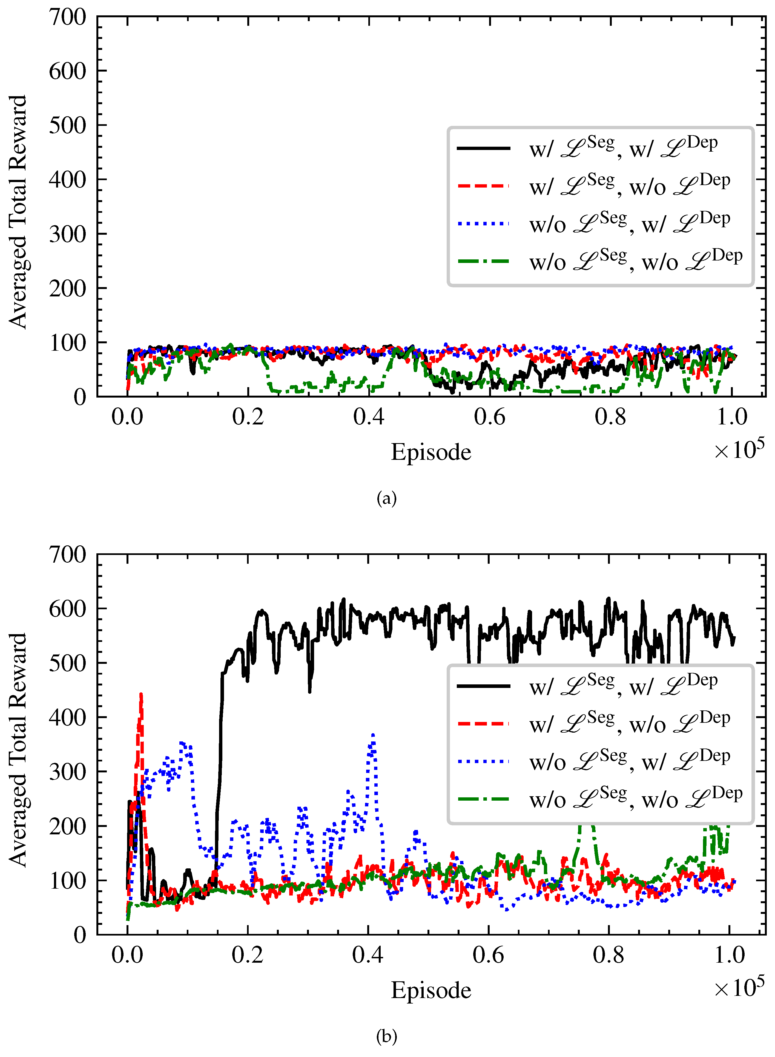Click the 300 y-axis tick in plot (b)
(68, 772)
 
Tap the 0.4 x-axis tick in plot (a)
(368, 416)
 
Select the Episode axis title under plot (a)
(431, 452)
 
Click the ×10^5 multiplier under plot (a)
(739, 449)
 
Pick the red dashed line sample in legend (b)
(483, 724)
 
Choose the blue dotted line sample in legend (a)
(483, 223)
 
